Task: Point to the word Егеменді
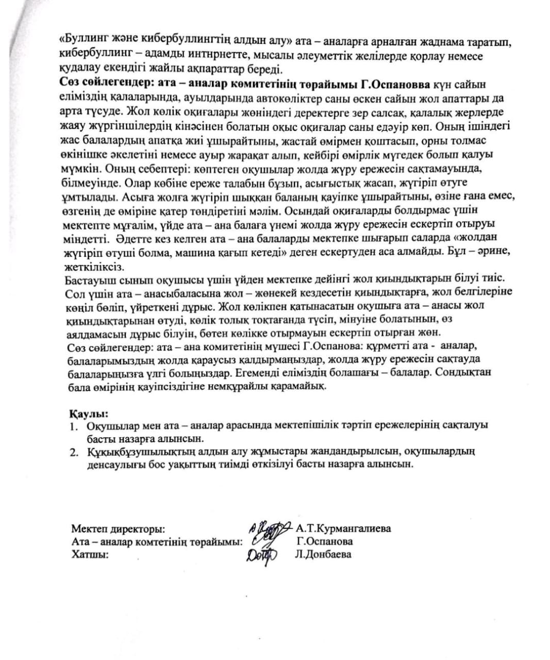click(x=254, y=372)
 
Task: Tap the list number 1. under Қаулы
click(x=75, y=426)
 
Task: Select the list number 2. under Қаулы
click(x=75, y=452)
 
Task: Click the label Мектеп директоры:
click(x=119, y=529)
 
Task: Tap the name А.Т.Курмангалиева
click(x=343, y=529)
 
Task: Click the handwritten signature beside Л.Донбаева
click(x=262, y=555)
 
